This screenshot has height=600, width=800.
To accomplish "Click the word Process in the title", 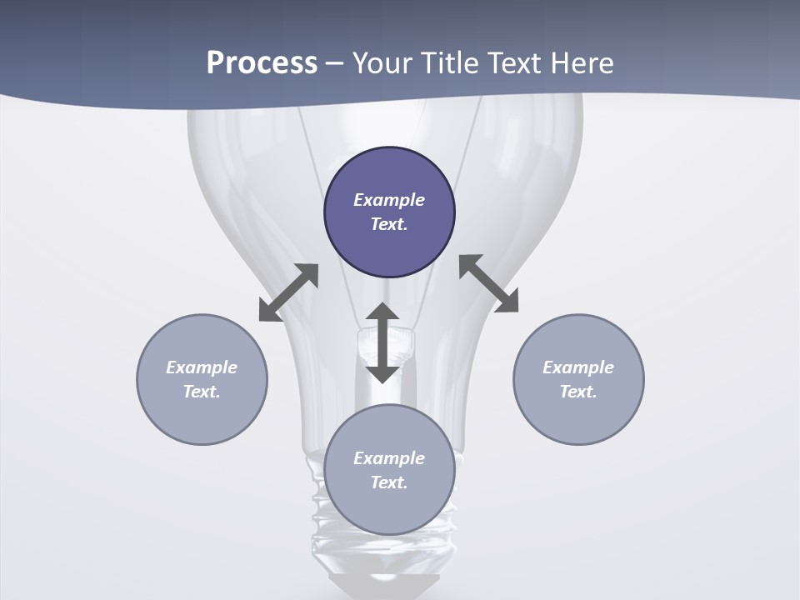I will click(262, 63).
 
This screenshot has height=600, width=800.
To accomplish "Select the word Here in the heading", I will click(582, 63).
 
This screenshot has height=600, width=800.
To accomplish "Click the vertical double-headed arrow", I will click(382, 342).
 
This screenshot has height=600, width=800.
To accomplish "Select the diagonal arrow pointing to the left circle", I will click(288, 292).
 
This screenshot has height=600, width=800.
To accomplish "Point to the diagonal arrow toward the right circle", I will click(489, 283).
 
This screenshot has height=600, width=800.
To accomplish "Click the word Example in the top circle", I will click(389, 200).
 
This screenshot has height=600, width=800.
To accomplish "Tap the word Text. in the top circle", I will click(389, 224).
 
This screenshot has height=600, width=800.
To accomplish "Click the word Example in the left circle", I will click(202, 367).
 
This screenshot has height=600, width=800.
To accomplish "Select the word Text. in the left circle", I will click(202, 392).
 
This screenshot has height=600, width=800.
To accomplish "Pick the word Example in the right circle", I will click(578, 367).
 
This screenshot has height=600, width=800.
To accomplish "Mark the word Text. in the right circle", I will click(578, 392).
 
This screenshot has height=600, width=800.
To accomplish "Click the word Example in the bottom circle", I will click(389, 458).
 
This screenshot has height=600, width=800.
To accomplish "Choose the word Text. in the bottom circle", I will click(389, 482).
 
